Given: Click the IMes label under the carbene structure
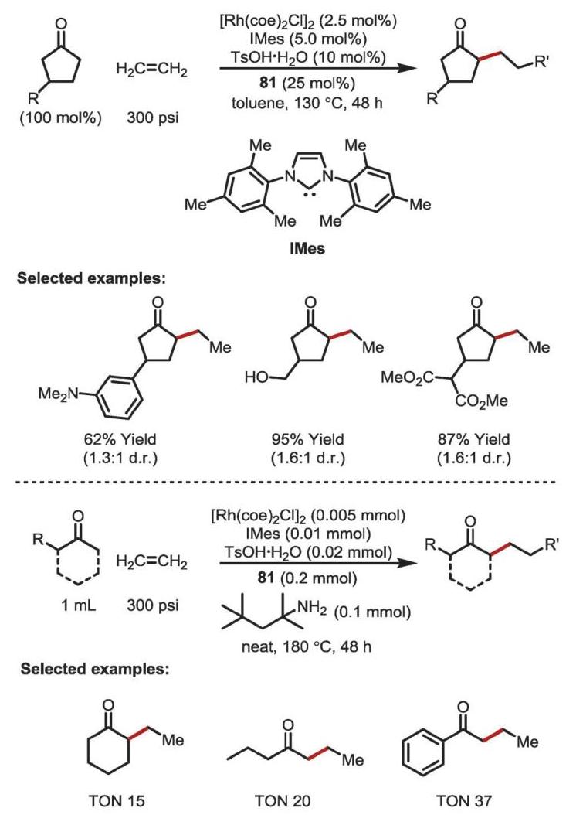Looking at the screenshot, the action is [307, 248].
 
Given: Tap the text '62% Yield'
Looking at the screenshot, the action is [120, 439].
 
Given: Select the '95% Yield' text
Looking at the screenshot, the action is [307, 439].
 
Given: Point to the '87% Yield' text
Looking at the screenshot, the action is [473, 439].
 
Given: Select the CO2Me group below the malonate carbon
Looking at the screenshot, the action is [482, 401].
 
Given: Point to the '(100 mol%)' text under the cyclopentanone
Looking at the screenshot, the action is [61, 118].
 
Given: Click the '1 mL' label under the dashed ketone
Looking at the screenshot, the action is [79, 605].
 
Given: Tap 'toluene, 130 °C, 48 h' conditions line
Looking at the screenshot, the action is [307, 103].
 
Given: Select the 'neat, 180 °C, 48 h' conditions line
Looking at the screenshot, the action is [307, 647].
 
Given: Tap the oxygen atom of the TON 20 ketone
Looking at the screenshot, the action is [286, 725].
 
